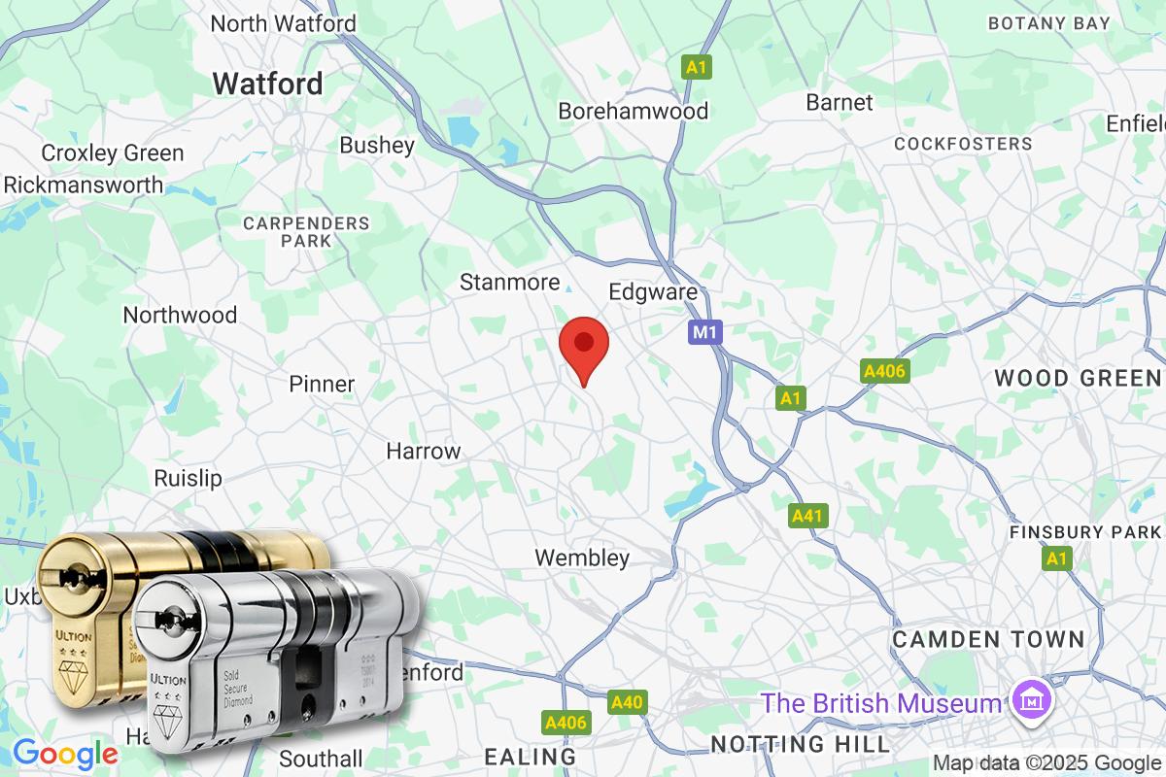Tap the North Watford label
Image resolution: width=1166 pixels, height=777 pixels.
point(284,23)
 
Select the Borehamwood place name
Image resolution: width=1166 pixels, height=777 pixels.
point(633,112)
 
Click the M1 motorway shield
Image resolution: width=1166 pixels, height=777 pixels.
point(706,333)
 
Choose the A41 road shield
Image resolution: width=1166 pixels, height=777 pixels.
point(808,516)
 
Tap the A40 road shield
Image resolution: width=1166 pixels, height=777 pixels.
point(628,701)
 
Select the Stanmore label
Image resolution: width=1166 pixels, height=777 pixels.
point(510,283)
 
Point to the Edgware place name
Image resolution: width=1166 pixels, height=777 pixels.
point(653,292)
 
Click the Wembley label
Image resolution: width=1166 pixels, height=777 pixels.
point(583,557)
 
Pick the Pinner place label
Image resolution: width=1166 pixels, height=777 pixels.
point(322,384)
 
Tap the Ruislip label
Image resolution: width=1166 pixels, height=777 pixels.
point(189,478)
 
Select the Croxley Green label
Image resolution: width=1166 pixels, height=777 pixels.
point(113,153)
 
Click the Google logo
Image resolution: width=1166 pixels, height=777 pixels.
point(65,753)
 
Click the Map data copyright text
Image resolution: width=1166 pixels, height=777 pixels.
point(1047,762)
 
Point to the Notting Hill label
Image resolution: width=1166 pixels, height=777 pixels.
point(800,744)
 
